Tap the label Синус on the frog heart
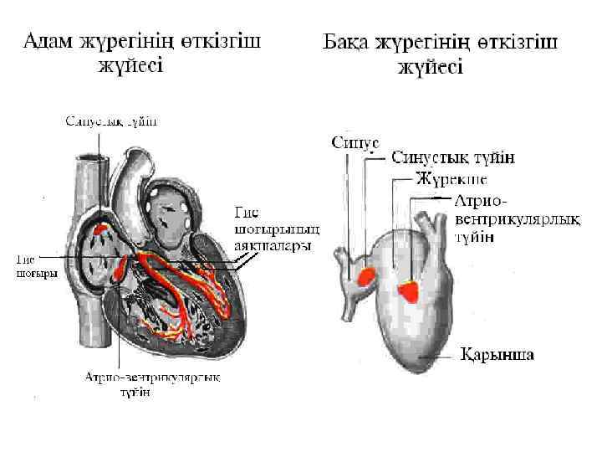355,142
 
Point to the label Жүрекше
451,179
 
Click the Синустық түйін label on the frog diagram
453,157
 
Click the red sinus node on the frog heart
366,276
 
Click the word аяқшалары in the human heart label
273,245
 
